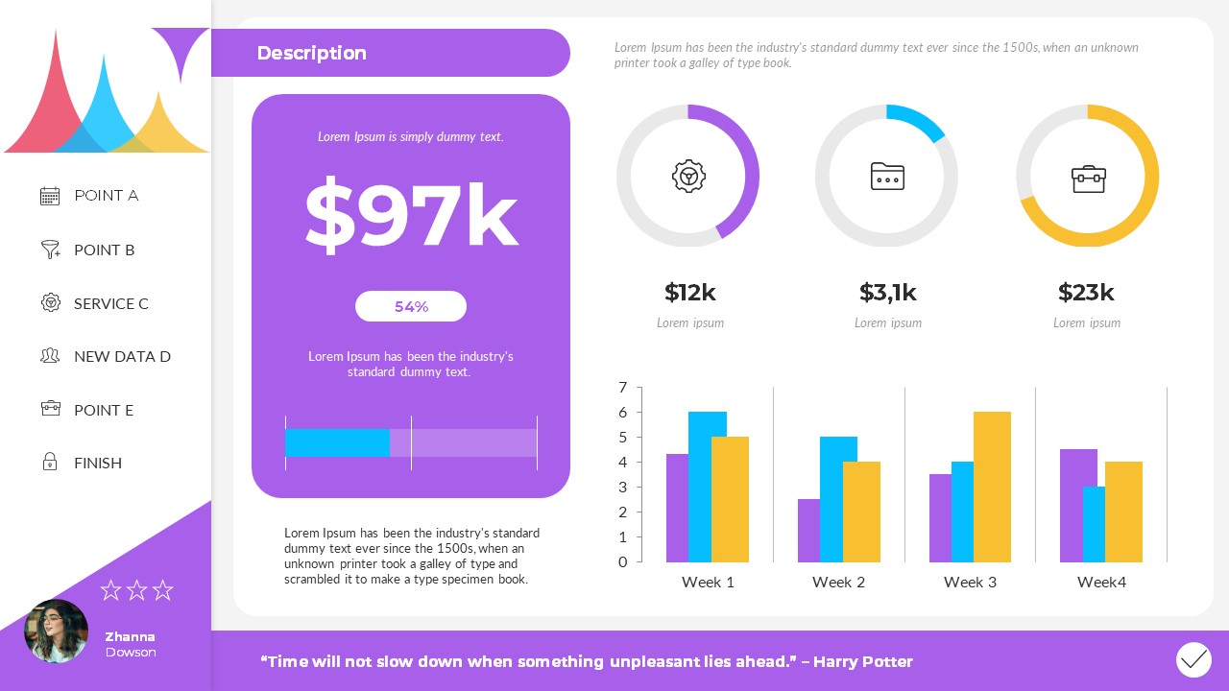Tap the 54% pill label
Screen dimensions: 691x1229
(x=411, y=307)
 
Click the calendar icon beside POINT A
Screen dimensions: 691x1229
(x=50, y=196)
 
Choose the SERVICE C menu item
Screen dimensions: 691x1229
(x=110, y=303)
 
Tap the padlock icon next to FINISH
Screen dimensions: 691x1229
(x=50, y=463)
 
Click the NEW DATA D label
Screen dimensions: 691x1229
(x=122, y=356)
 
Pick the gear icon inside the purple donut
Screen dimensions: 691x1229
(x=688, y=176)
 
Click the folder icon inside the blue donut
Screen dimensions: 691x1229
(x=887, y=177)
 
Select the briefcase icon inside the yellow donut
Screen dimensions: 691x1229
(x=1088, y=179)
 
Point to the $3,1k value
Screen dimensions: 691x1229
(x=888, y=293)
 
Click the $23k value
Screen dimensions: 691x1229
(x=1086, y=293)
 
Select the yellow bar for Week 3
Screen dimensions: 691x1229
(x=992, y=487)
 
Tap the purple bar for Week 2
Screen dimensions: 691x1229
(x=808, y=530)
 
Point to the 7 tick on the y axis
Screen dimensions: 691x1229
(x=623, y=388)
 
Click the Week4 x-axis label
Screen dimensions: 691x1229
(x=1101, y=582)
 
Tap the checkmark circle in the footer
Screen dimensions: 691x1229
(x=1193, y=659)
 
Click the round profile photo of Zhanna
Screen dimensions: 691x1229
(x=56, y=631)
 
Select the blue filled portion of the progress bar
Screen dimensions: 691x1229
(x=337, y=442)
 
